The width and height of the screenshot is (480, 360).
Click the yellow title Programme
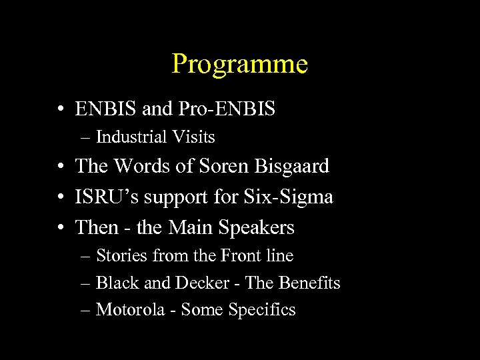click(x=239, y=65)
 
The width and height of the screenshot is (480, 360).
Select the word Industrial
click(x=131, y=137)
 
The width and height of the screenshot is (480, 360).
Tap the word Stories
click(x=122, y=255)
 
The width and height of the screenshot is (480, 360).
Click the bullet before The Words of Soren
click(x=61, y=167)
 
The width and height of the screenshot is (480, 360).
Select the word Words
click(x=143, y=166)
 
